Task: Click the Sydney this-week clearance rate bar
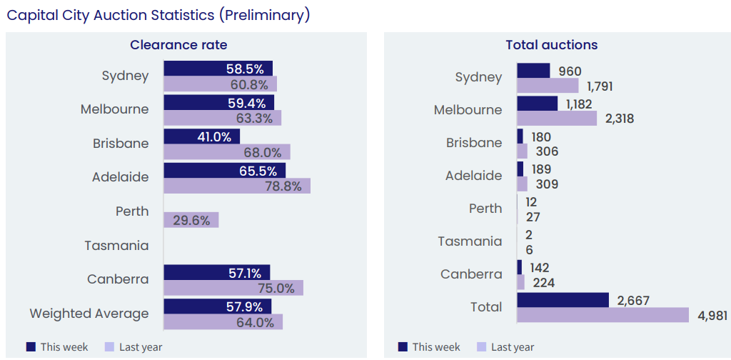(x=218, y=69)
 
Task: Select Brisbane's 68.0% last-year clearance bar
(x=227, y=152)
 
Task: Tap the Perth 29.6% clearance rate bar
(x=191, y=220)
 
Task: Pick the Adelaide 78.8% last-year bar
(x=237, y=186)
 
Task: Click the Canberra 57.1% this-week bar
(x=216, y=272)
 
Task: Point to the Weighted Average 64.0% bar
(x=223, y=322)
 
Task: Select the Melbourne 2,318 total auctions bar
(x=557, y=119)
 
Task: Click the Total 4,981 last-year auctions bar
(x=603, y=315)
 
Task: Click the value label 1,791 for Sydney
(x=600, y=86)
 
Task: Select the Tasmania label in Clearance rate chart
(x=116, y=246)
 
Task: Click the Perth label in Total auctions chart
(x=485, y=209)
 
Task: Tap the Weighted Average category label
(x=89, y=314)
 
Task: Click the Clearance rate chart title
(x=178, y=45)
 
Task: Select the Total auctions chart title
(x=551, y=45)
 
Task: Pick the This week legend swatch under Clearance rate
(x=31, y=346)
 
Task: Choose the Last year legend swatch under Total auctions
(x=481, y=346)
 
